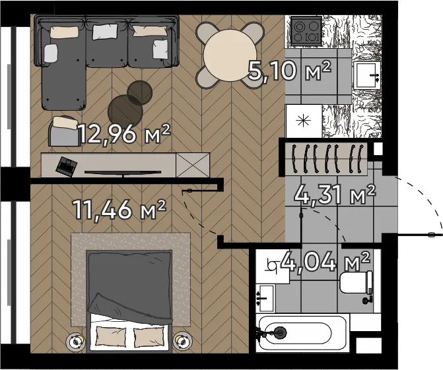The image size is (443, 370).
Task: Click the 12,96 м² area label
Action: (124, 133)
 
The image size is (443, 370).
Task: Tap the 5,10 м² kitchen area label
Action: (289, 71)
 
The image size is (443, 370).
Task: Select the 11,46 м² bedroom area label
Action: (119, 210)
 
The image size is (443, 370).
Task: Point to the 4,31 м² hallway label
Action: (335, 195)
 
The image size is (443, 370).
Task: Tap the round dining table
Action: (230, 55)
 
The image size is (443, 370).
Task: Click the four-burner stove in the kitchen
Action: (306, 30)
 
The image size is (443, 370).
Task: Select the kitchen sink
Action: (367, 75)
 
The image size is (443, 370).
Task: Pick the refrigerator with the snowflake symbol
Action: (304, 121)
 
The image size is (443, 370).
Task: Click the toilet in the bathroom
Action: (357, 282)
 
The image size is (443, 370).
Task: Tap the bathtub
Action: (295, 332)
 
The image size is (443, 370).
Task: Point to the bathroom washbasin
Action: (265, 298)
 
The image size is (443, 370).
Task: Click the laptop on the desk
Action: (67, 166)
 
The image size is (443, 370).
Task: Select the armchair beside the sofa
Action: (65, 131)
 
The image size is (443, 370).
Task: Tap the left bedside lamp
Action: (75, 342)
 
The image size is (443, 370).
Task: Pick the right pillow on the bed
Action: (149, 337)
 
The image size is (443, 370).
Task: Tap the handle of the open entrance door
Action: (431, 235)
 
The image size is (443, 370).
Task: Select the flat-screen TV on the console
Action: (123, 172)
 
